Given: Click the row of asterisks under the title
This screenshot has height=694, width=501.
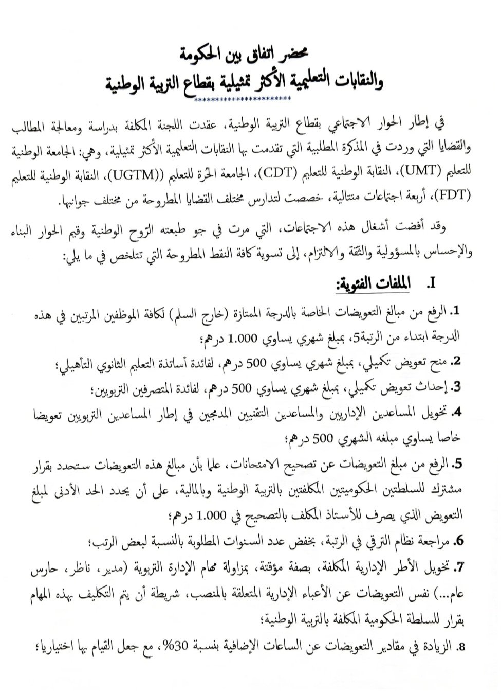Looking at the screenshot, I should tap(243, 99).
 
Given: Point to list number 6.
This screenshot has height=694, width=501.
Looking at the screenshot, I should tap(459, 541).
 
